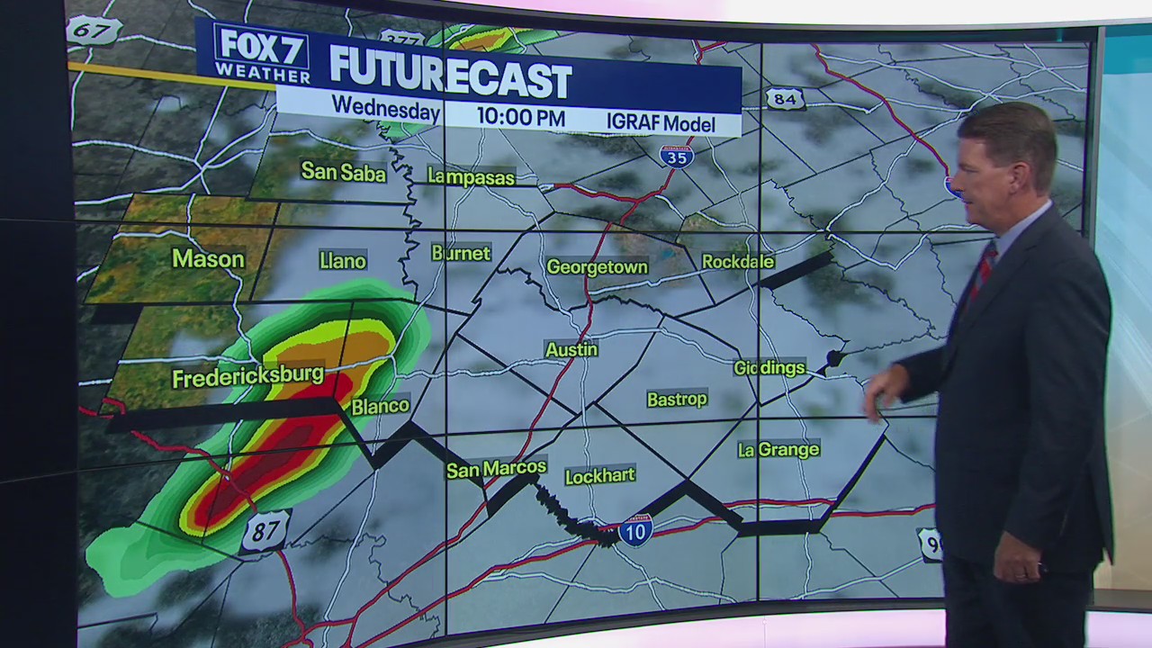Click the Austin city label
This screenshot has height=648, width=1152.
(571, 349)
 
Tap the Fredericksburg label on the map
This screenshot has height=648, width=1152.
(247, 376)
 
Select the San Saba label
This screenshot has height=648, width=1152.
(343, 171)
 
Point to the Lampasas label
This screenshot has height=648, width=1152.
(471, 176)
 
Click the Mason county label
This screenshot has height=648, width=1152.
(208, 259)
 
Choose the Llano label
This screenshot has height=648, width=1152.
(343, 261)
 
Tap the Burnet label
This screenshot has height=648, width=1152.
(461, 254)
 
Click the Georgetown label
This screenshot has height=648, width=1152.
(597, 267)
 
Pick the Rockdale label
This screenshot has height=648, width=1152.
(738, 262)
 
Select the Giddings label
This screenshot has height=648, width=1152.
(769, 368)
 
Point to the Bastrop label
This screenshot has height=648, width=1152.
(677, 399)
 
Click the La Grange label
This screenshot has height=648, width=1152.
(778, 449)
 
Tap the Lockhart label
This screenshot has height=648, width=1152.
(599, 475)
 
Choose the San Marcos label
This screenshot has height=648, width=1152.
(496, 469)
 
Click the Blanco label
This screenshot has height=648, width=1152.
(380, 407)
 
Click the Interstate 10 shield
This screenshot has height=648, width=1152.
(636, 530)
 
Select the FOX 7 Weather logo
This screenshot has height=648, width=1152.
(261, 54)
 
